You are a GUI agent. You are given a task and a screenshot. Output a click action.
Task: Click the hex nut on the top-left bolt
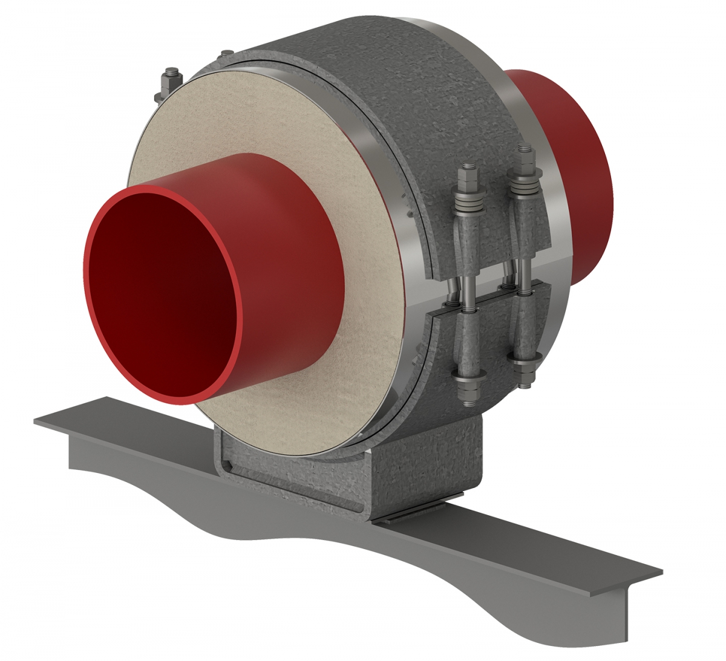171,77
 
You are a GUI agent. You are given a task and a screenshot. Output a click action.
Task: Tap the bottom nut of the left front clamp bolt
466,387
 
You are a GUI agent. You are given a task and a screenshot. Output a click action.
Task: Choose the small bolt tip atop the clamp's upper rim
225,51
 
